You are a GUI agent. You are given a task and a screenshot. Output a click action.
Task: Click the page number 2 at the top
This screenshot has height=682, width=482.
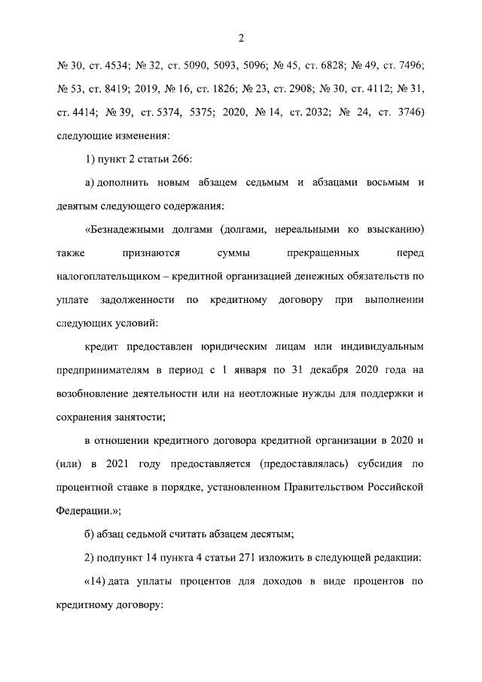click(x=241, y=38)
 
